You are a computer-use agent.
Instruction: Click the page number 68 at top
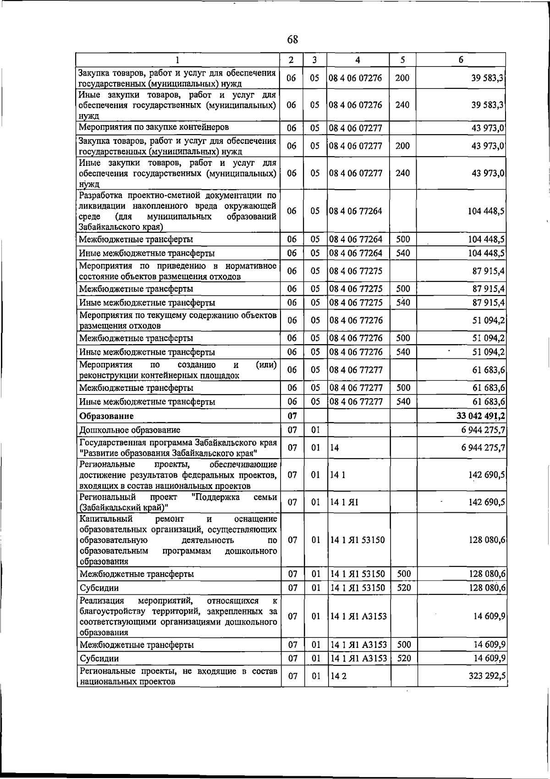(292, 40)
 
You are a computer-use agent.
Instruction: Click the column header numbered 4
(357, 60)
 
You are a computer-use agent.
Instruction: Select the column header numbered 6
(461, 60)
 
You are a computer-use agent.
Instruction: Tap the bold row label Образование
(106, 416)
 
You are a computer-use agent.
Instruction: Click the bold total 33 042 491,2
(480, 416)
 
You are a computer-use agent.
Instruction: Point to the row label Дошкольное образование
(130, 430)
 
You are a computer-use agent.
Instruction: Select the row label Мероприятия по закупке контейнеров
(154, 127)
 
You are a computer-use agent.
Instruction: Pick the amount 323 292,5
(486, 676)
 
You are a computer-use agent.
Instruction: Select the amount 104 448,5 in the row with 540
(486, 253)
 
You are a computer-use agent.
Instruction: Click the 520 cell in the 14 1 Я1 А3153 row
(403, 658)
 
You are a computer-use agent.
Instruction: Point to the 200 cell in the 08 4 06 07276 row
(402, 78)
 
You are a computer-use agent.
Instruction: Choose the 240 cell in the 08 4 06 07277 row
(402, 173)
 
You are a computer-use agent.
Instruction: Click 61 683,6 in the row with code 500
(489, 388)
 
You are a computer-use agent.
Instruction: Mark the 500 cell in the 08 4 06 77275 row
(403, 289)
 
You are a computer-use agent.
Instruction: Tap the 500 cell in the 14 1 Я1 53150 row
(403, 574)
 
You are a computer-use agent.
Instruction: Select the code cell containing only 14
(335, 448)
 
